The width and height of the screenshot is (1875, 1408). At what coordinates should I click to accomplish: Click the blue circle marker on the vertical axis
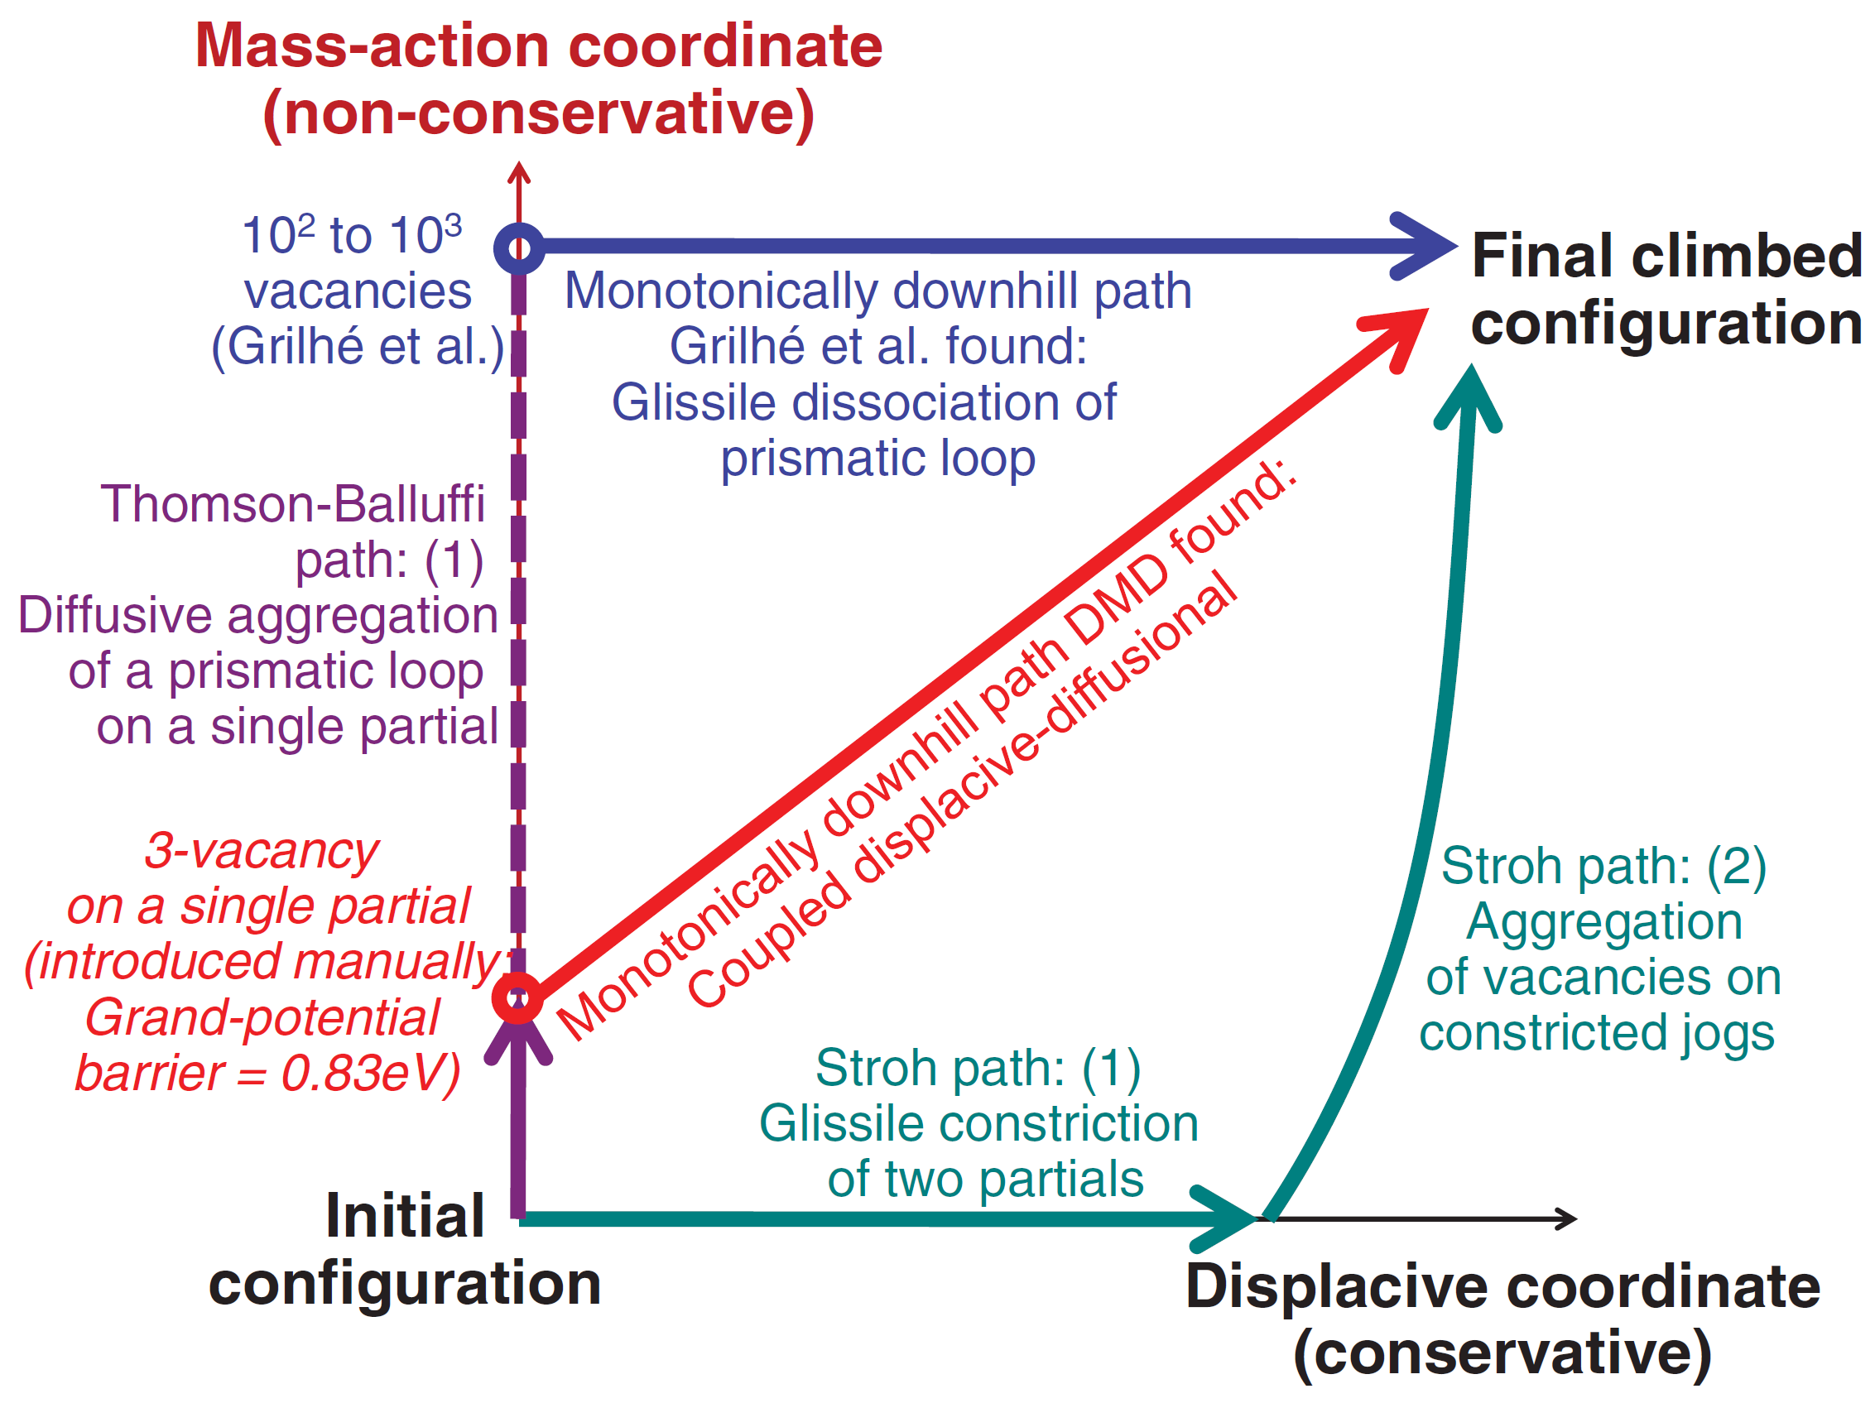pyautogui.click(x=519, y=248)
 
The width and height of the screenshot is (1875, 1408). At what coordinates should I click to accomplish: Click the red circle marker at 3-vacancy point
pyautogui.click(x=517, y=997)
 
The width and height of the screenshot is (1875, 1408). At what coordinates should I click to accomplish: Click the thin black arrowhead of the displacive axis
pyautogui.click(x=1568, y=1219)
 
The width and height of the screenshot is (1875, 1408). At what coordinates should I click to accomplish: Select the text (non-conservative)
pyautogui.click(x=539, y=113)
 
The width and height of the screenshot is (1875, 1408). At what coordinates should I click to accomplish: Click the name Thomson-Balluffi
pyautogui.click(x=292, y=504)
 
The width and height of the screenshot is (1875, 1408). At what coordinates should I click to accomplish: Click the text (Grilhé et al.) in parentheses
pyautogui.click(x=358, y=347)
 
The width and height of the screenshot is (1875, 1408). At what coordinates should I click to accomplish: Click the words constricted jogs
pyautogui.click(x=1597, y=1033)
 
